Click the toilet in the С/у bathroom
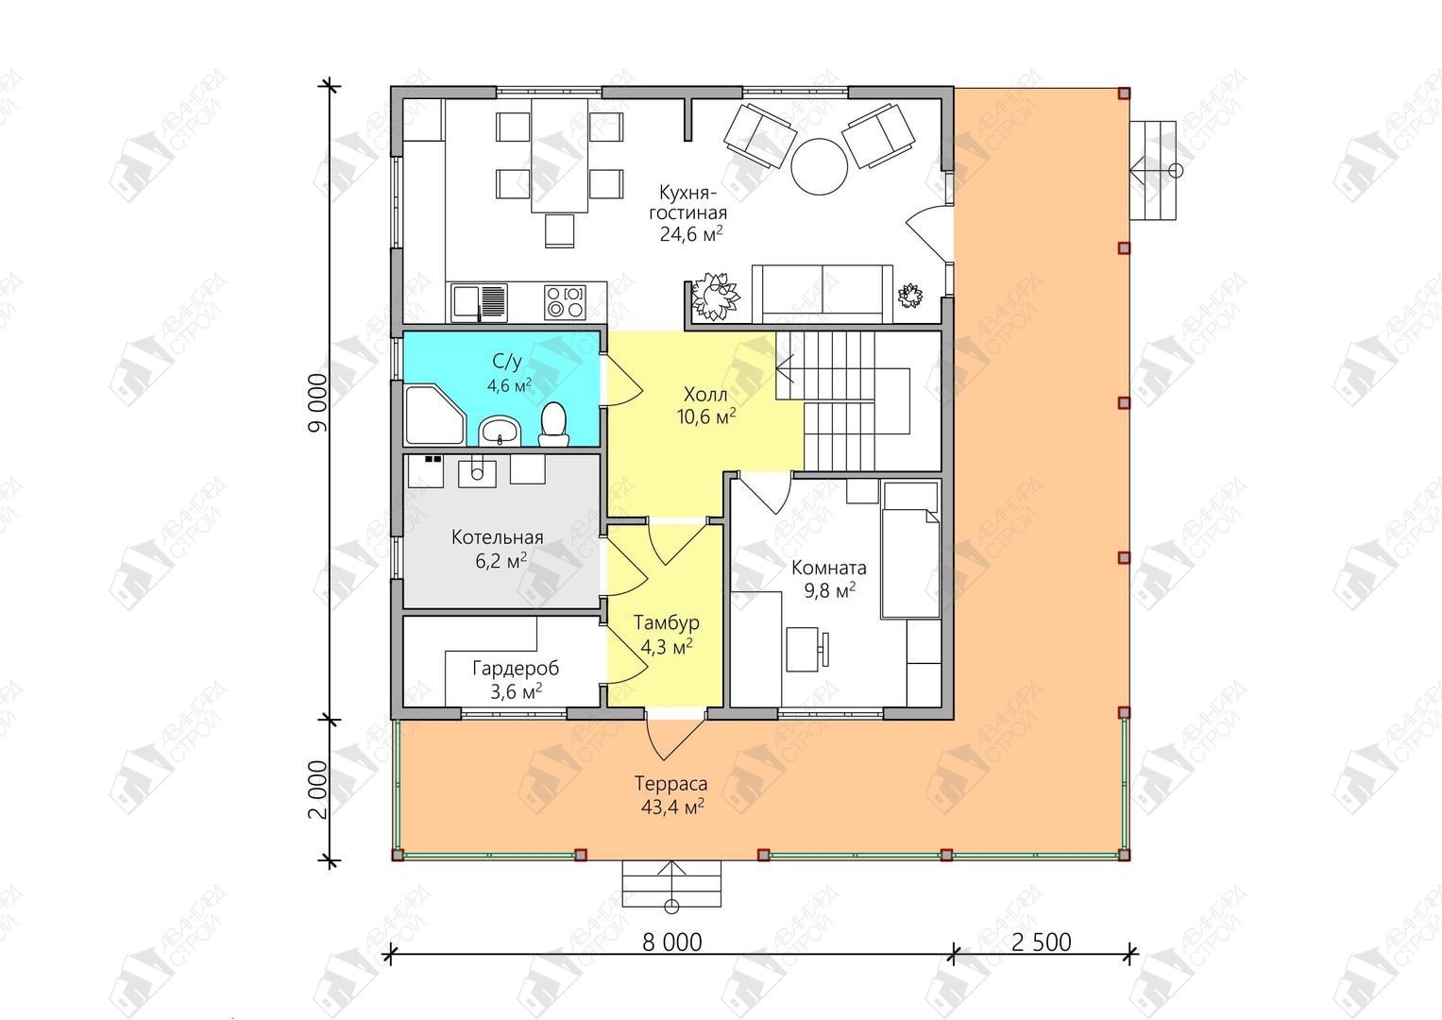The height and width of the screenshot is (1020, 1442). point(553,425)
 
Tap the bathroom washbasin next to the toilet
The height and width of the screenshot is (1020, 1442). point(500,431)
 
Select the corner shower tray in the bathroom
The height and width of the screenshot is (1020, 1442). point(434,415)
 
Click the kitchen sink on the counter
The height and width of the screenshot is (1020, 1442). point(479,302)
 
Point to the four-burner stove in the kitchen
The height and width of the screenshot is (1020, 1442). point(565,302)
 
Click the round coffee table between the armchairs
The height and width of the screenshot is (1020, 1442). point(818,166)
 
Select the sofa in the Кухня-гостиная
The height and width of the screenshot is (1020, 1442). point(823,294)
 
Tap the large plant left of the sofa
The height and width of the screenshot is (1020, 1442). point(714,296)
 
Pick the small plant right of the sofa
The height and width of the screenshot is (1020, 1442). point(909,296)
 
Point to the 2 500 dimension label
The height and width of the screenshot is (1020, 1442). point(1041,943)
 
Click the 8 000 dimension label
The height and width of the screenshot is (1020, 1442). point(671,943)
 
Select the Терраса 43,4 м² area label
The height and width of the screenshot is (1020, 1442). point(671,794)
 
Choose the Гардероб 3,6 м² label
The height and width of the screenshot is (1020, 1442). point(515,679)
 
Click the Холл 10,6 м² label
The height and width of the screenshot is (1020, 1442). point(706,405)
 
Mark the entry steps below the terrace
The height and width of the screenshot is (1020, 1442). point(671,883)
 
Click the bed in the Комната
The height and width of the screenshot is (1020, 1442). point(910,550)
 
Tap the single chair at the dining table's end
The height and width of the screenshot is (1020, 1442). point(559,230)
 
